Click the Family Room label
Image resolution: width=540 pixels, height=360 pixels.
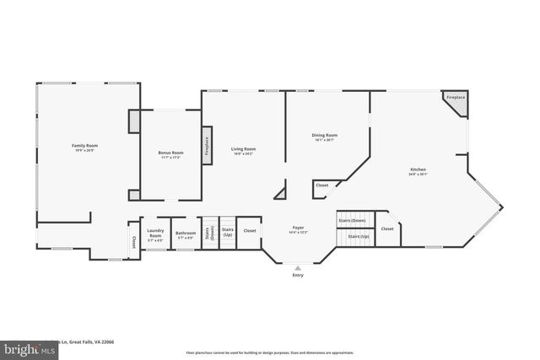[84, 148]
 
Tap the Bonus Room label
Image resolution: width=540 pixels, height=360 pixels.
[170, 155]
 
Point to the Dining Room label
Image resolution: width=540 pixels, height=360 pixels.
[325, 137]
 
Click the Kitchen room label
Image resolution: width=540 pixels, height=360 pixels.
[418, 172]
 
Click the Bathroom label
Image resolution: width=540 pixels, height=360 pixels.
[186, 234]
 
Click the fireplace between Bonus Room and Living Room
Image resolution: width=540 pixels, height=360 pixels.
[206, 146]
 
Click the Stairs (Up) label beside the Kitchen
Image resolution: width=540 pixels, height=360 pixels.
[359, 238]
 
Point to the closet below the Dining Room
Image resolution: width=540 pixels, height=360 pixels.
[322, 185]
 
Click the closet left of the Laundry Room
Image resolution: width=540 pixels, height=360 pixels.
[133, 242]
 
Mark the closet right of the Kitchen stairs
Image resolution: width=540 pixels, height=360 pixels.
[387, 229]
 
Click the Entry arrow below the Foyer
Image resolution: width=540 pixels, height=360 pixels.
[297, 267]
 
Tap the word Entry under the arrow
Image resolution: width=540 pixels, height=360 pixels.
[297, 276]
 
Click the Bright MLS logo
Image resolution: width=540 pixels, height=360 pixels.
[16, 347]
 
